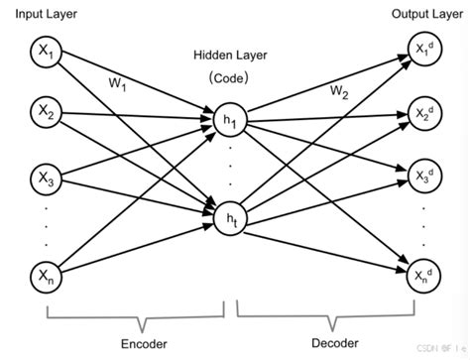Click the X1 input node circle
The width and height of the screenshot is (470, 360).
(x=46, y=53)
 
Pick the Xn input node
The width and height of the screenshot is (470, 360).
(x=46, y=275)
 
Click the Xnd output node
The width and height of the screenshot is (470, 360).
(x=423, y=275)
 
